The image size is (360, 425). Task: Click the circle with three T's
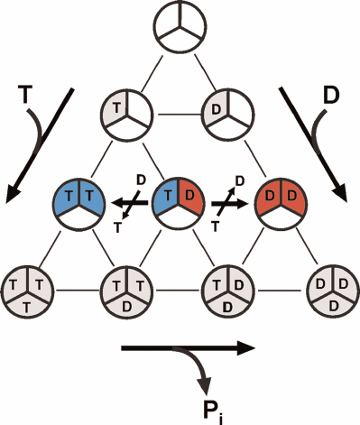click(x=26, y=289)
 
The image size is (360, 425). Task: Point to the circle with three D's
click(x=331, y=289)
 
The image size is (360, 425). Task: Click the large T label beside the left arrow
click(x=26, y=93)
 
